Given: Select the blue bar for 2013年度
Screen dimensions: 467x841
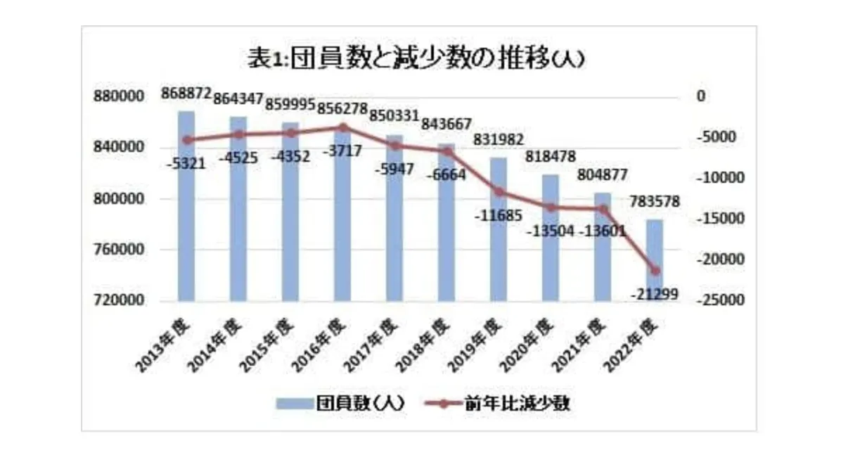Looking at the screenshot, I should pyautogui.click(x=186, y=211).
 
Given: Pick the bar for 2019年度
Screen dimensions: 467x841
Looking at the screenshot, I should pyautogui.click(x=499, y=232).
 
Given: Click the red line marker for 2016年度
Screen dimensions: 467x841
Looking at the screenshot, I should pyautogui.click(x=342, y=127).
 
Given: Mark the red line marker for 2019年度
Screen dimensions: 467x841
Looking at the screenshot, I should pyautogui.click(x=499, y=191).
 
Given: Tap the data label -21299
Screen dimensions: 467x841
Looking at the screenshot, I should pyautogui.click(x=654, y=295).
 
